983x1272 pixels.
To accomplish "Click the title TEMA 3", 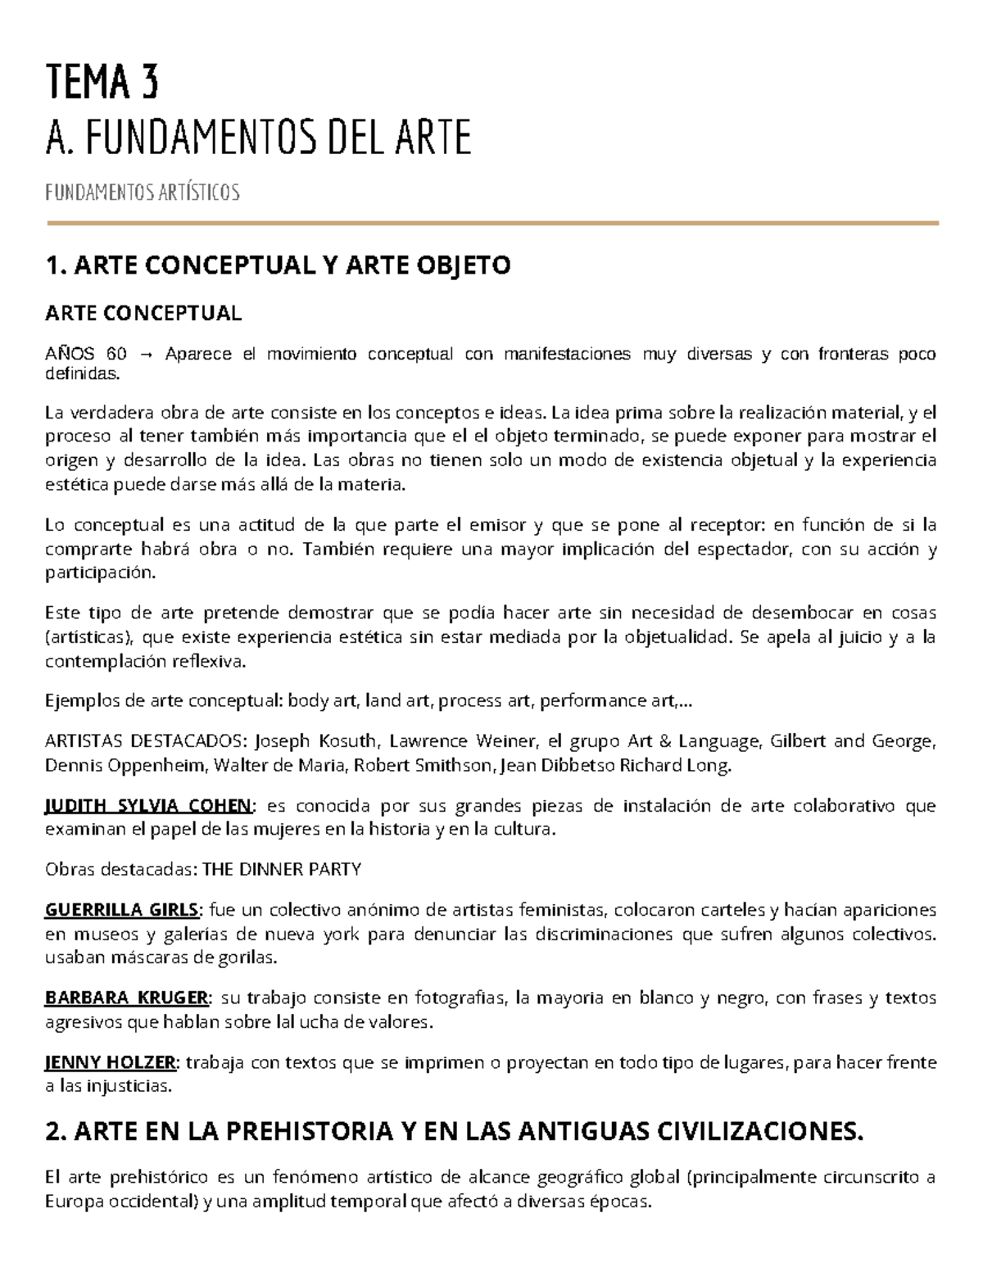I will tap(102, 83).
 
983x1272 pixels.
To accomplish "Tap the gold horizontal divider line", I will tap(491, 223).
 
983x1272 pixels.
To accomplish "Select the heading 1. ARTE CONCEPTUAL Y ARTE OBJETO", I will tap(279, 265).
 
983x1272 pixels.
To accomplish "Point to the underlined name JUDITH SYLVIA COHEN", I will tap(149, 806).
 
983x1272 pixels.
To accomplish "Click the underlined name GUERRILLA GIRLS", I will tap(121, 910).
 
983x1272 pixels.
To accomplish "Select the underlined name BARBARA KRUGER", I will tap(127, 998).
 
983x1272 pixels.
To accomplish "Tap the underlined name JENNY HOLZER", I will tap(110, 1063).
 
